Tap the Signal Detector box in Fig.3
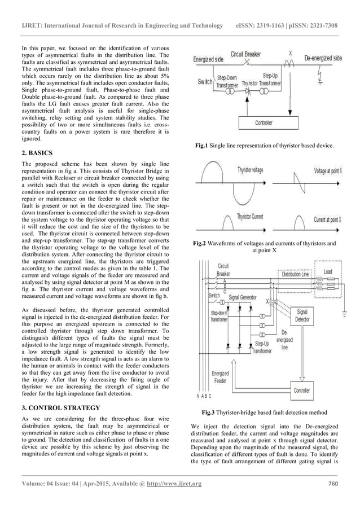[302, 315]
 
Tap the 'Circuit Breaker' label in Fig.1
[245, 54]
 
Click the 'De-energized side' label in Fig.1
[323, 58]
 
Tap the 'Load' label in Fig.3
[328, 271]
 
